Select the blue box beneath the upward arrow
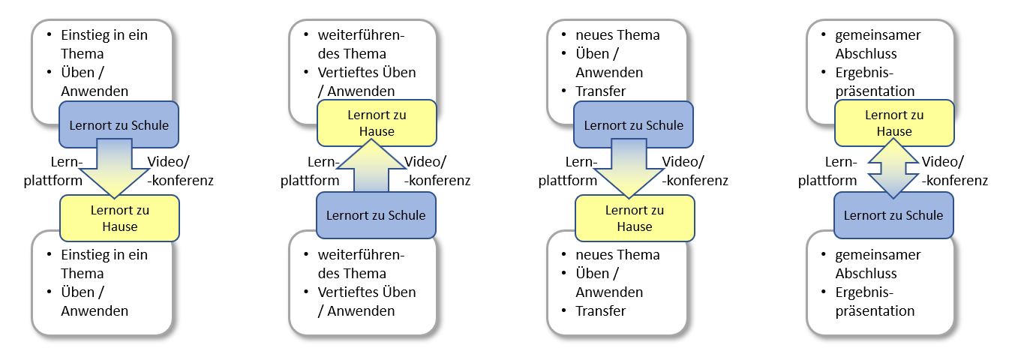coord(376,215)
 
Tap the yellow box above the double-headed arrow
coord(893,123)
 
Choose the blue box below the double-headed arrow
coord(893,215)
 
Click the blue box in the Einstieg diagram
coord(119,124)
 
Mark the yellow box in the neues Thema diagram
coord(635,217)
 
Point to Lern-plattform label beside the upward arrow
coord(310,171)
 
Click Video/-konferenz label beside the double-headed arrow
coord(954,171)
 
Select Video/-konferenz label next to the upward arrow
coord(437,171)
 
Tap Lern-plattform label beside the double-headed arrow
coord(827,171)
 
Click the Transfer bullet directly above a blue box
coord(600,91)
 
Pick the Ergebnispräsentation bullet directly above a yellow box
coord(875,82)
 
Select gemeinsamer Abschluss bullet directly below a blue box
coord(878,264)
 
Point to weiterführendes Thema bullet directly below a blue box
coord(361,264)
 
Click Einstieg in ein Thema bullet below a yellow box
coord(104,264)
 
